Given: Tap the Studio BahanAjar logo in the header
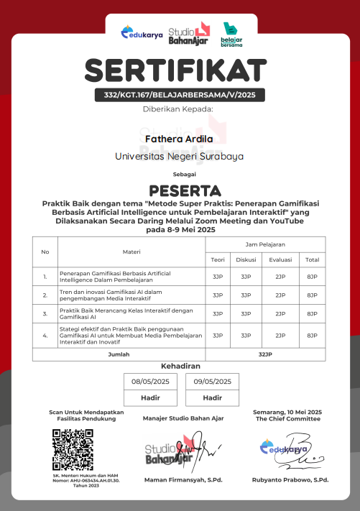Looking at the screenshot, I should [x=188, y=34].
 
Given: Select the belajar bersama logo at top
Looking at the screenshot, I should [x=231, y=34].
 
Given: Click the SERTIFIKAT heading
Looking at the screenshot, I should [x=180, y=70].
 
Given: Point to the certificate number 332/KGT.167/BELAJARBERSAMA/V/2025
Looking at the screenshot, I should [x=180, y=95].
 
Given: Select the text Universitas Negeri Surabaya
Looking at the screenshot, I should [x=180, y=156].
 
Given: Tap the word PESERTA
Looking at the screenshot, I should [x=180, y=190].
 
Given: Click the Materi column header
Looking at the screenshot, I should [x=131, y=252].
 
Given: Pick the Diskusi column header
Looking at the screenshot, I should [x=246, y=259].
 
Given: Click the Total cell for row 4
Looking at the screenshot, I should [x=312, y=335].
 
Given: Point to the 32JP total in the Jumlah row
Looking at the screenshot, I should [x=265, y=355].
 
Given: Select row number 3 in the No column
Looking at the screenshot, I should [x=45, y=314].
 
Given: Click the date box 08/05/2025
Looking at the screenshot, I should [x=150, y=381].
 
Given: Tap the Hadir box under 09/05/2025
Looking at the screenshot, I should [x=212, y=397].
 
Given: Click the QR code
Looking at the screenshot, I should [x=73, y=449].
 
